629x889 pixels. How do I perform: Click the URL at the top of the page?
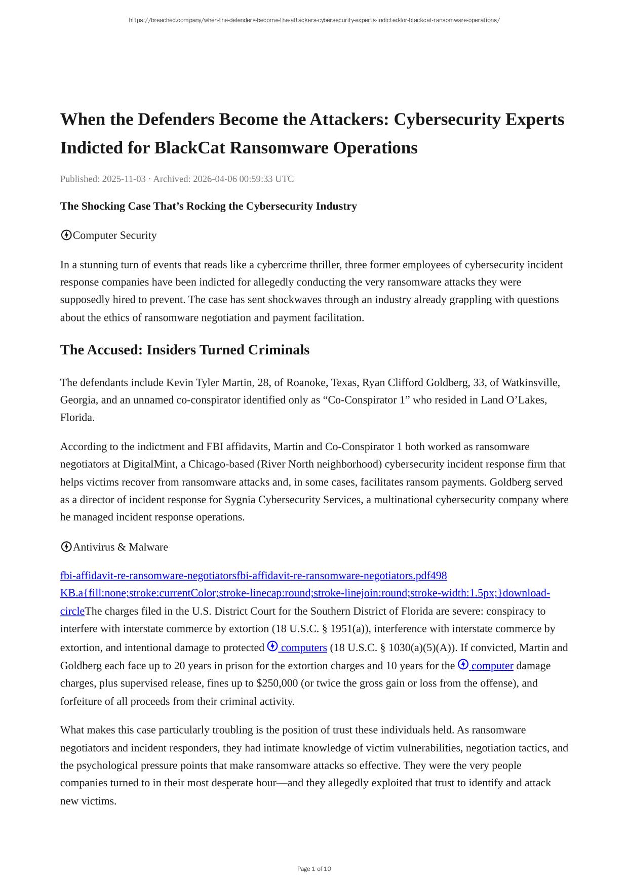(x=314, y=20)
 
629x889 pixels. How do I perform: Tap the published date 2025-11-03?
(x=124, y=179)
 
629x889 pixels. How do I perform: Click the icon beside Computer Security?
(x=66, y=235)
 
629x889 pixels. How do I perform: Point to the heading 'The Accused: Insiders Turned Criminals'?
(x=184, y=350)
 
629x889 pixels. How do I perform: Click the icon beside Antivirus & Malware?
(x=66, y=547)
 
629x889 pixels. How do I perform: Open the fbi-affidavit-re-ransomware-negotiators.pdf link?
(x=253, y=576)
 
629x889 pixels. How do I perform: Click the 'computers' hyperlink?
(x=303, y=648)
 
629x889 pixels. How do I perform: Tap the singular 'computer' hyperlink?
(x=492, y=666)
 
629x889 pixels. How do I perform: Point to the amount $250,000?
(x=277, y=683)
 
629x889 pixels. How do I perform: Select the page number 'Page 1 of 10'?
(x=314, y=869)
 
